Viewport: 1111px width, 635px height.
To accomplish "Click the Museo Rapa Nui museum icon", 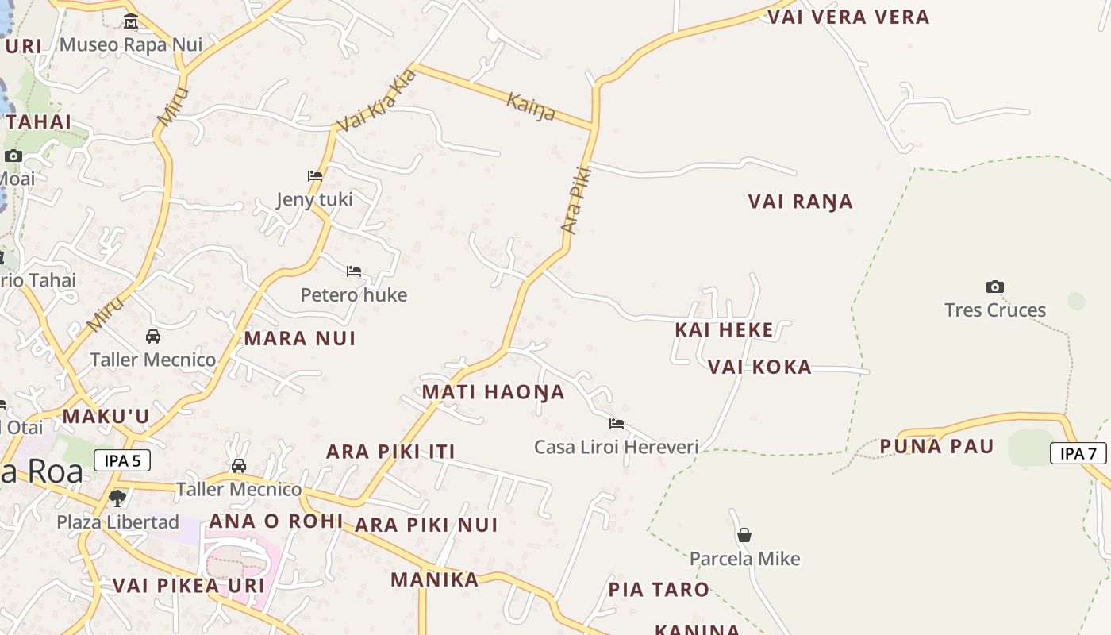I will pyautogui.click(x=131, y=21).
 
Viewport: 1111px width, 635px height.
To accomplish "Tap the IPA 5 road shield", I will pyautogui.click(x=122, y=460).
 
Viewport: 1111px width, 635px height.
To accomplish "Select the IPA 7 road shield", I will pyautogui.click(x=1078, y=453).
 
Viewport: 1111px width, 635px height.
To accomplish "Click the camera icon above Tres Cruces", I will pyautogui.click(x=994, y=287).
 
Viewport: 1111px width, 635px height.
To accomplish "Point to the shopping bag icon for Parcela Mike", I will pyautogui.click(x=744, y=535).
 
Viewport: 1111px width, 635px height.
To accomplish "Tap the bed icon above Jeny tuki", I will pyautogui.click(x=315, y=176).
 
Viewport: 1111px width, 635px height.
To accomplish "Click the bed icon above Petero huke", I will pyautogui.click(x=354, y=271).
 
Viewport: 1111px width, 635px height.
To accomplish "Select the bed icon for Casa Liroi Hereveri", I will pyautogui.click(x=616, y=424).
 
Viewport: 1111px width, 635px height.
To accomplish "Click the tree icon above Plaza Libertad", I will pyautogui.click(x=117, y=498).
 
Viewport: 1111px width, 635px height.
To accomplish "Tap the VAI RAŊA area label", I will pyautogui.click(x=800, y=202).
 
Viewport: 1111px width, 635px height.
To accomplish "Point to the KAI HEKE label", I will pyautogui.click(x=723, y=329).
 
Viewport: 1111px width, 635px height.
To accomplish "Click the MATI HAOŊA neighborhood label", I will pyautogui.click(x=493, y=392).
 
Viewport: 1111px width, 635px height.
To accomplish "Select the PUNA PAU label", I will pyautogui.click(x=936, y=446).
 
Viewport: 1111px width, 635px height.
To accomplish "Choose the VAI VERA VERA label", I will pyautogui.click(x=848, y=17).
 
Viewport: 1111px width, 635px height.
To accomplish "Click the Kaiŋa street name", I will pyautogui.click(x=530, y=106).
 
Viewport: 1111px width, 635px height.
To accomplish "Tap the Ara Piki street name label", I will pyautogui.click(x=577, y=200).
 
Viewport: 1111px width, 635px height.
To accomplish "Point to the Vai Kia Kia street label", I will pyautogui.click(x=376, y=101).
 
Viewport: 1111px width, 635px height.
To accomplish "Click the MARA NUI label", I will pyautogui.click(x=299, y=339).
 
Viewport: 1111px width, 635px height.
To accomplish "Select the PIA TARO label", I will pyautogui.click(x=658, y=590).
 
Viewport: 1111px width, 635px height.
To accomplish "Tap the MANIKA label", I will pyautogui.click(x=434, y=579).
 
